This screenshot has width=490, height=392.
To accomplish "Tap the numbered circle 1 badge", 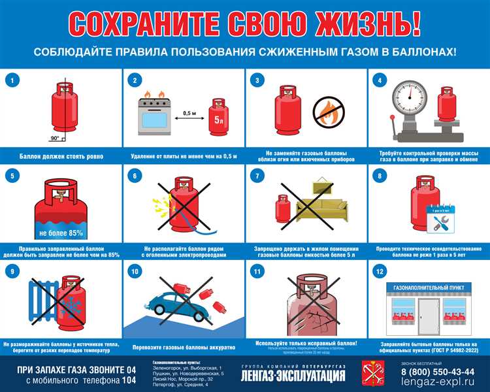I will point(10,82).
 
